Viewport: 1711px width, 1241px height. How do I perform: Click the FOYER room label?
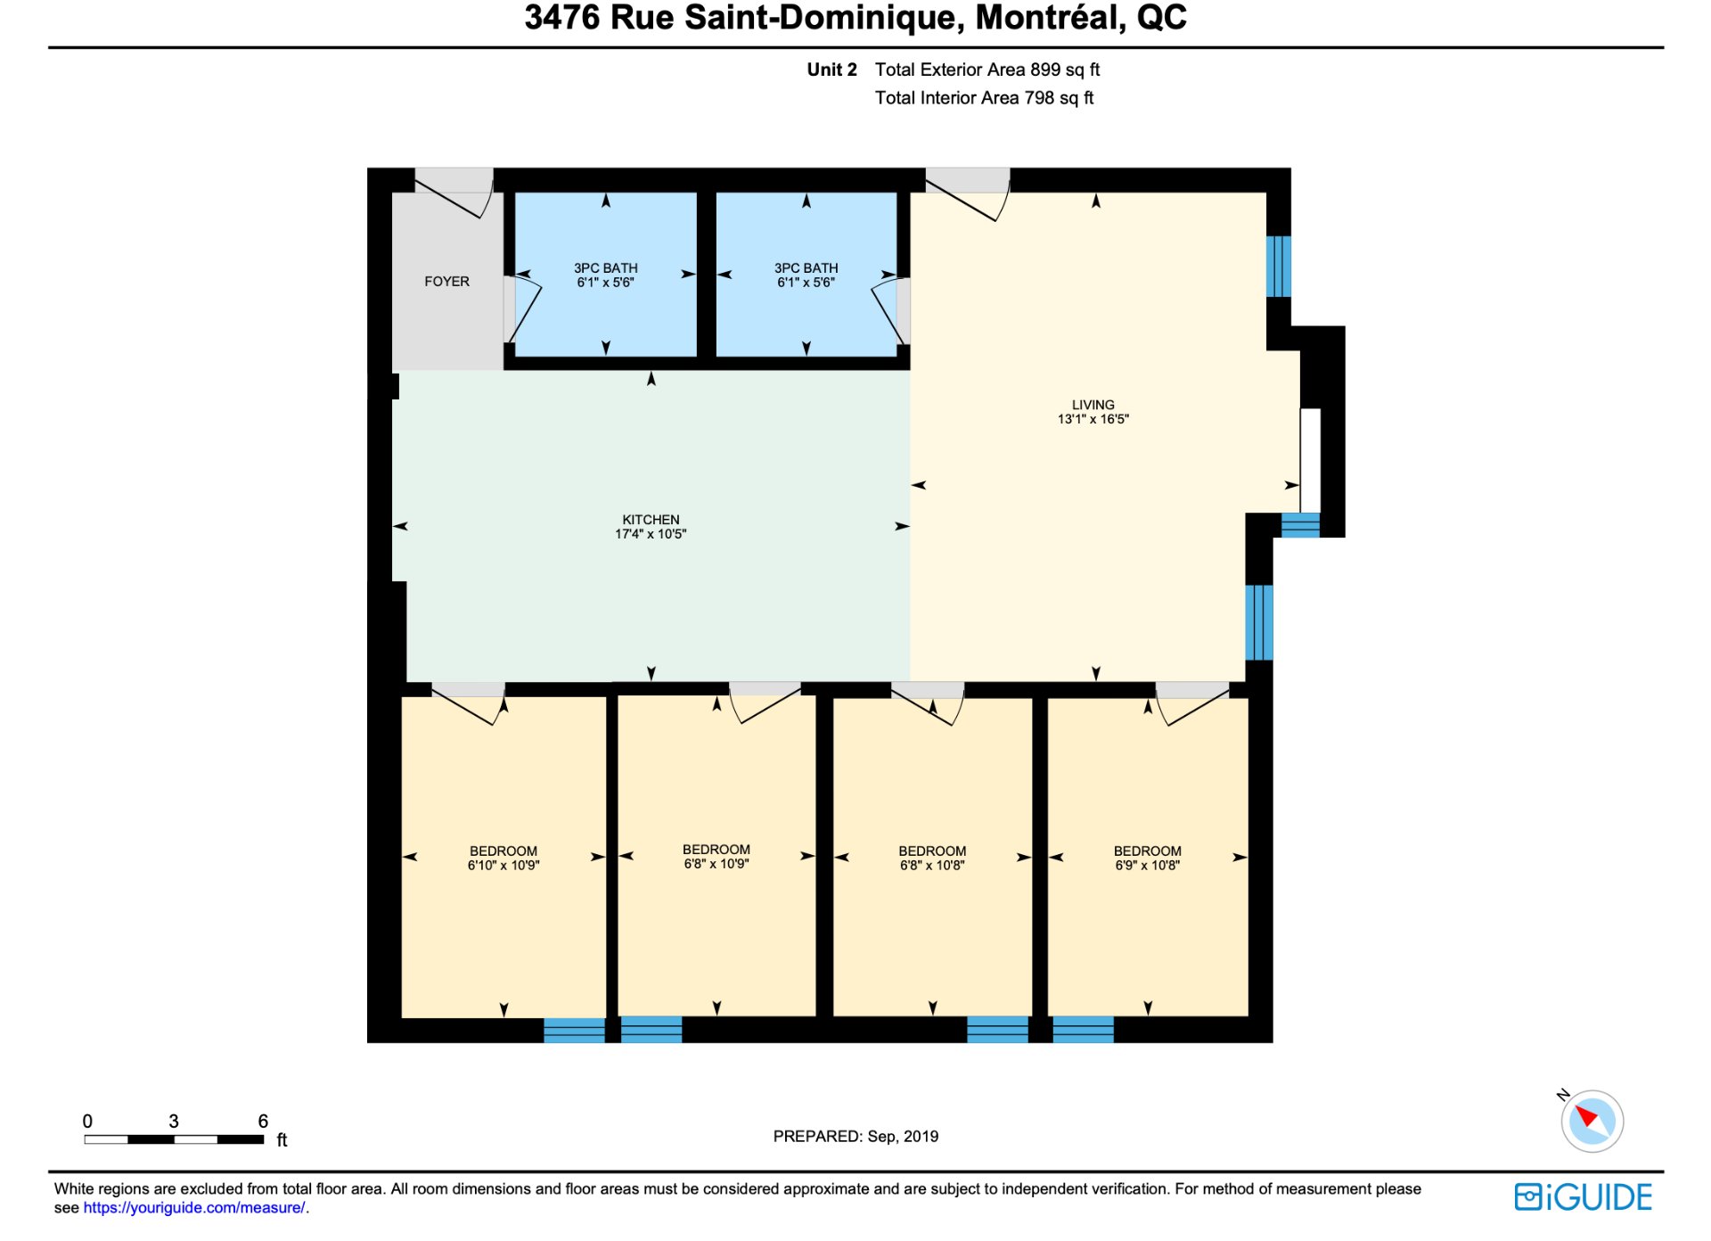coord(446,282)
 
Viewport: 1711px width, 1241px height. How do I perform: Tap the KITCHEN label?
coord(651,520)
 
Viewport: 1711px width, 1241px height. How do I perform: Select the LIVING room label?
coord(1093,405)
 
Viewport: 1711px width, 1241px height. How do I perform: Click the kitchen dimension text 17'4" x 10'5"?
coord(651,534)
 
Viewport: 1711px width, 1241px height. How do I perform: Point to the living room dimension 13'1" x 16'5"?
coord(1093,419)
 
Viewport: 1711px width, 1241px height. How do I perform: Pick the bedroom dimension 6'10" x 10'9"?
coord(503,866)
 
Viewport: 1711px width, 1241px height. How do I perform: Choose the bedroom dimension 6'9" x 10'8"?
coord(1147,866)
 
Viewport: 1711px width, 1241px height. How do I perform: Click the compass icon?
coord(1592,1121)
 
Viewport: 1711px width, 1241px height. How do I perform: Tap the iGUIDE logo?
coord(1583,1197)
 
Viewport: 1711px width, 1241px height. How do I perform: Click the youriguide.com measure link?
coord(194,1208)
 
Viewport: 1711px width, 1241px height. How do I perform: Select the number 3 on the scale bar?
coord(174,1121)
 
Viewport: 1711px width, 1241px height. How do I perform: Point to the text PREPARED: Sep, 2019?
coord(855,1137)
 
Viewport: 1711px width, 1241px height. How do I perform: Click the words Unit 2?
coord(831,70)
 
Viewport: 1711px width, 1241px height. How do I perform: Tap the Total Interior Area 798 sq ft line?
coord(984,98)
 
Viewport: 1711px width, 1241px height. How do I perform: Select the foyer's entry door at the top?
coord(454,193)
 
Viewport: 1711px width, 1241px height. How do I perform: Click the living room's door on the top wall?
coord(967,193)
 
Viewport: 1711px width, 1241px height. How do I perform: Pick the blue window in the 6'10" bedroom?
coord(574,1030)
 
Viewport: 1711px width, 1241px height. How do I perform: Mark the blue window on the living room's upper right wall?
coord(1278,266)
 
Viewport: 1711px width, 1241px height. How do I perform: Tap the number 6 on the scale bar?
coord(263,1121)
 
